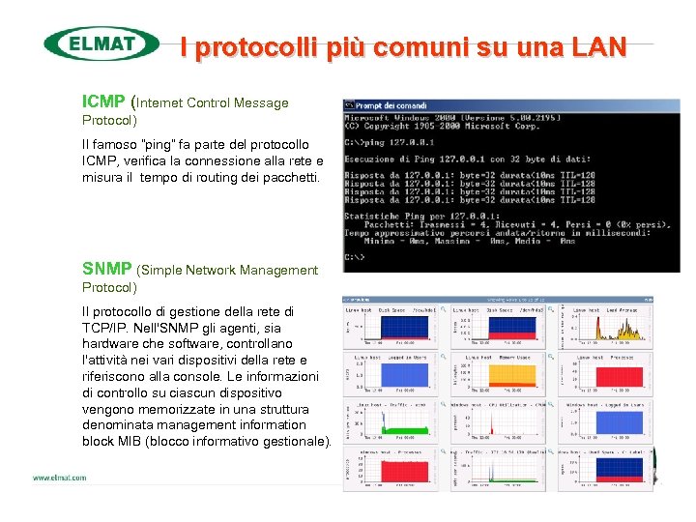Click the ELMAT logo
click(x=101, y=43)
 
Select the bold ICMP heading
click(x=102, y=101)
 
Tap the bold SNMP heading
click(x=107, y=270)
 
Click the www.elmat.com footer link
click(x=60, y=478)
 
